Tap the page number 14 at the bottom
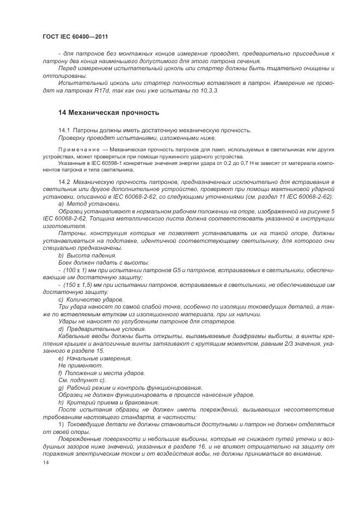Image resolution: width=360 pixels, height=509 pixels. [46, 463]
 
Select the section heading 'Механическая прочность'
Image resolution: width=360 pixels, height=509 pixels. [108, 113]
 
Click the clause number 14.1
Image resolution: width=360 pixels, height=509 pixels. [64, 130]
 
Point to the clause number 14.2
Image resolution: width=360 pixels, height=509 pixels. [64, 181]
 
